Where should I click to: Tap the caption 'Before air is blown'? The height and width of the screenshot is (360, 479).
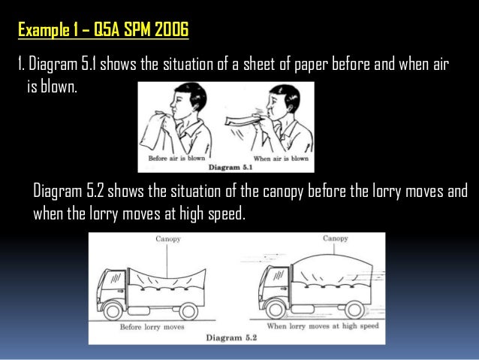click(176, 158)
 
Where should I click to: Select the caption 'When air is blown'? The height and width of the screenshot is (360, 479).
click(281, 159)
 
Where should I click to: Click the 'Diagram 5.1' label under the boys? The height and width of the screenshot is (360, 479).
click(230, 168)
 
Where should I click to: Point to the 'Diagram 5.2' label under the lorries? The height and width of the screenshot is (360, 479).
click(231, 337)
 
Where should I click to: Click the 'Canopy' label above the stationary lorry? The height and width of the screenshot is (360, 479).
click(168, 238)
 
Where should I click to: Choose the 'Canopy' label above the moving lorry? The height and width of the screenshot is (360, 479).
click(336, 238)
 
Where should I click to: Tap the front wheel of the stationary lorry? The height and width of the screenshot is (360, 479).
click(113, 310)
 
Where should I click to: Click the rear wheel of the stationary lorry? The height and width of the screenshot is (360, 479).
click(188, 311)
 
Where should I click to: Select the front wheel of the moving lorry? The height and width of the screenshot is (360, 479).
click(276, 310)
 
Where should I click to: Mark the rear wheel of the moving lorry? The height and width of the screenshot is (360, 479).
click(354, 310)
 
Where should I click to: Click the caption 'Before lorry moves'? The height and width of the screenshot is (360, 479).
click(152, 327)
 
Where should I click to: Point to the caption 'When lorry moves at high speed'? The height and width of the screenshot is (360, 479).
click(323, 326)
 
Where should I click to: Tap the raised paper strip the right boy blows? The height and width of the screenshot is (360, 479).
click(243, 120)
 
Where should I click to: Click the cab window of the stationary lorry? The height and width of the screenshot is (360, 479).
click(116, 279)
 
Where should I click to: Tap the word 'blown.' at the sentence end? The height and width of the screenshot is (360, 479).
click(59, 86)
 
